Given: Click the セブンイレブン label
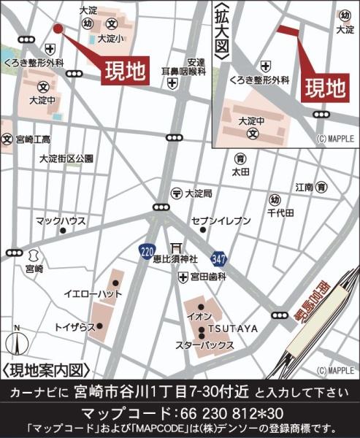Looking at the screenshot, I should [221, 220].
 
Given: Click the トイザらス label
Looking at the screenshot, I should [73, 326].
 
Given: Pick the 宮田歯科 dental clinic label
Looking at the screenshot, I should [209, 277].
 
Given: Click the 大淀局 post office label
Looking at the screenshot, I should [198, 193].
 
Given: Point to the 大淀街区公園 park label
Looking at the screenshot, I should [66, 158].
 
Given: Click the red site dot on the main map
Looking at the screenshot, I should [58, 28].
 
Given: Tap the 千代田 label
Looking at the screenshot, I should [280, 212].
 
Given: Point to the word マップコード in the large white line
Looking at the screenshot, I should [122, 411].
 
